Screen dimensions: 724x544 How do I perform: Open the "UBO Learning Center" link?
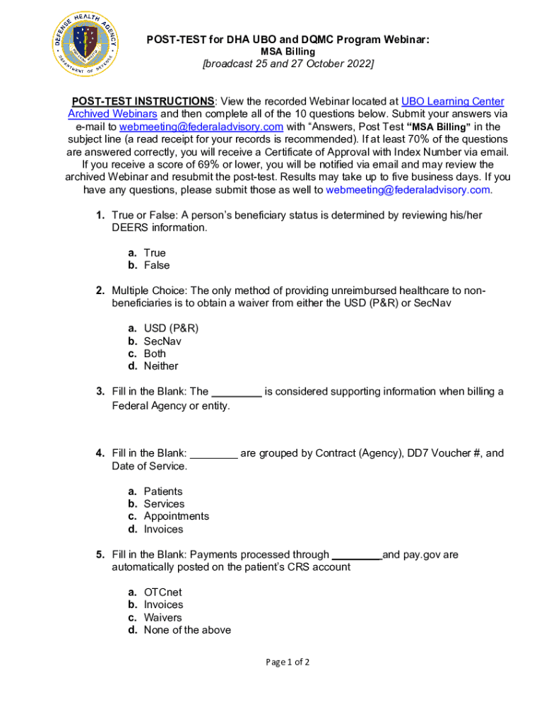pyautogui.click(x=452, y=102)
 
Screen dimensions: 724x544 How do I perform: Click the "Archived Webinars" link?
pyautogui.click(x=112, y=115)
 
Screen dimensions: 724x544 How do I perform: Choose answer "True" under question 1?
pyautogui.click(x=155, y=253)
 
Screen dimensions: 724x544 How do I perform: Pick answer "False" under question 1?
pyautogui.click(x=157, y=266)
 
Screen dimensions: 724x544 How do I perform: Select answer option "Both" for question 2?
pyautogui.click(x=155, y=354)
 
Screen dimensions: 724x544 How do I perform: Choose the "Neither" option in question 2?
pyautogui.click(x=161, y=366)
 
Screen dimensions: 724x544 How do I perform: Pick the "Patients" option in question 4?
pyautogui.click(x=162, y=491)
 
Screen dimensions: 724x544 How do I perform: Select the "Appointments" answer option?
pyautogui.click(x=176, y=517)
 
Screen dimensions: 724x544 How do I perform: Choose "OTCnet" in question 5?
pyautogui.click(x=162, y=592)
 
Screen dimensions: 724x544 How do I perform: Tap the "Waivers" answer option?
pyautogui.click(x=162, y=618)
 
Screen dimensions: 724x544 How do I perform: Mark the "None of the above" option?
pyautogui.click(x=187, y=631)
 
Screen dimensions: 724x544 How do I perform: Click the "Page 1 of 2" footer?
pyautogui.click(x=288, y=662)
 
